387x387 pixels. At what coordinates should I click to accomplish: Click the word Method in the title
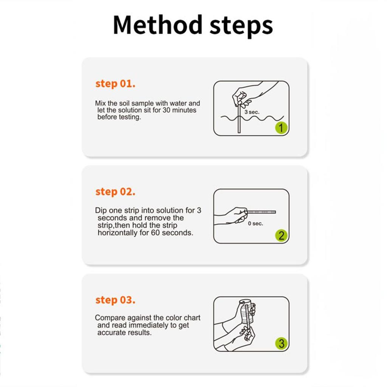[157, 25]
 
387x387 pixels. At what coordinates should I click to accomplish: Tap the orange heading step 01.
[115, 84]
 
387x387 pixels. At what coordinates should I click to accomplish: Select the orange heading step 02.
[115, 192]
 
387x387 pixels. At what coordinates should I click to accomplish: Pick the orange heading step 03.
[115, 300]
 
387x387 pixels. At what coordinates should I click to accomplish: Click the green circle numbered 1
[281, 128]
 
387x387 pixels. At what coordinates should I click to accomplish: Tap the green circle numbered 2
[281, 236]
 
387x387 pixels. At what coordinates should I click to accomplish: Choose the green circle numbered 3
[281, 344]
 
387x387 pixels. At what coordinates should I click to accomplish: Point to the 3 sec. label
[252, 112]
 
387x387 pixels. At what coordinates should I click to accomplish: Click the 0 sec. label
[255, 224]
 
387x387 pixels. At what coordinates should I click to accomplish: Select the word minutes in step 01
[185, 110]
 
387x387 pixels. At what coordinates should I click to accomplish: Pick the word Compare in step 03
[108, 318]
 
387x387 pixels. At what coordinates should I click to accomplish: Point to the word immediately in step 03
[147, 325]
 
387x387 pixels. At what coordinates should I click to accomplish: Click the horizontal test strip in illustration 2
[262, 212]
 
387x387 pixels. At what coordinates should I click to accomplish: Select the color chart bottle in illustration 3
[246, 314]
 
